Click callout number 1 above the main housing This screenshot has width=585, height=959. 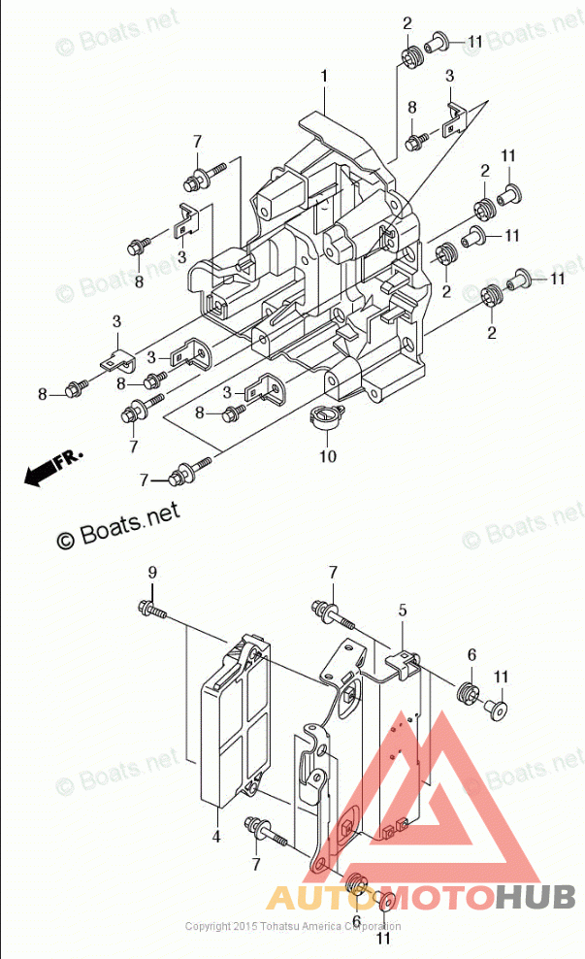pyautogui.click(x=324, y=75)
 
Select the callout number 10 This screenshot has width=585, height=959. pyautogui.click(x=327, y=455)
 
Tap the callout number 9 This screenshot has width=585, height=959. pyautogui.click(x=151, y=573)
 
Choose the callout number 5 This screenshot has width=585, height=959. pyautogui.click(x=402, y=610)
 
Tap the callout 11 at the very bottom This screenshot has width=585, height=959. pyautogui.click(x=383, y=939)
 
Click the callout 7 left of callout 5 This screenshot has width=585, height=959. pyautogui.click(x=332, y=572)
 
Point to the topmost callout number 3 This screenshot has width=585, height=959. pyautogui.click(x=450, y=75)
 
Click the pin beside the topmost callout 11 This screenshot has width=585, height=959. pyautogui.click(x=435, y=42)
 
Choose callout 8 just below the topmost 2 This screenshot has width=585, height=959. pyautogui.click(x=411, y=107)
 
